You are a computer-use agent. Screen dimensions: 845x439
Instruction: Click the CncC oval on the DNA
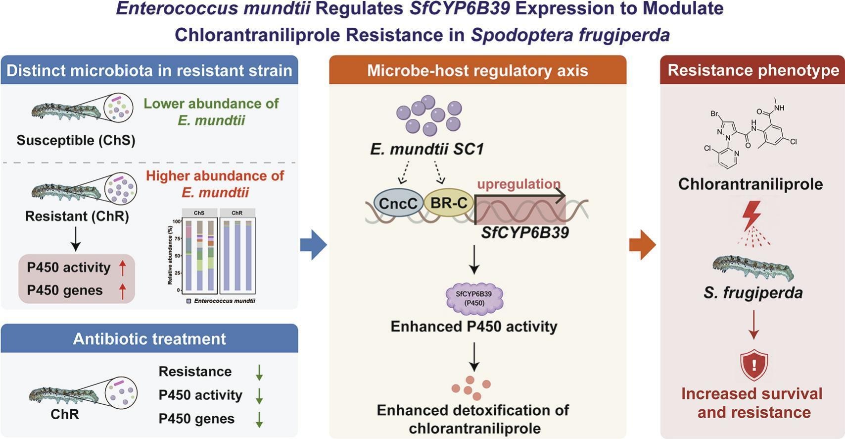coord(398,203)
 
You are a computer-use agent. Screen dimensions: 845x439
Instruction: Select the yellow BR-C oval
coord(449,203)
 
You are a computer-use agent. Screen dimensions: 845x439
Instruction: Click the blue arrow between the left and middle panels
coord(313,245)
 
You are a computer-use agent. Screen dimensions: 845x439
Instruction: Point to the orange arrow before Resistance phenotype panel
coord(643,245)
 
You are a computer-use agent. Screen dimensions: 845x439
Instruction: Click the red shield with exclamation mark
coord(754,364)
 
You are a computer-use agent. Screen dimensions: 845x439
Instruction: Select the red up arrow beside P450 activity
coord(122,268)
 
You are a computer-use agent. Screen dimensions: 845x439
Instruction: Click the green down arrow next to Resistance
coord(259,373)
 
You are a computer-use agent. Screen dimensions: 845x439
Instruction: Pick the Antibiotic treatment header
coord(149,338)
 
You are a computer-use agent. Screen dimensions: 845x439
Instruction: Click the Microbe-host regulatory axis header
coord(477,70)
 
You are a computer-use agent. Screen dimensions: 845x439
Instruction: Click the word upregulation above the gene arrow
coord(518,184)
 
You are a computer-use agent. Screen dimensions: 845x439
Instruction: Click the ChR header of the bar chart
coord(237,213)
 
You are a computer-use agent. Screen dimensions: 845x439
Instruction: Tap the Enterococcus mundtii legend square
coord(189,301)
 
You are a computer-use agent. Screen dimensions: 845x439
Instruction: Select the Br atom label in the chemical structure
coord(714,114)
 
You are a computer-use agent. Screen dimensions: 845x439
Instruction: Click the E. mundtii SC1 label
coord(426,150)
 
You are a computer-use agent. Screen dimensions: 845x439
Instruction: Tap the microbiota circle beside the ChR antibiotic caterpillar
coord(121,393)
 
